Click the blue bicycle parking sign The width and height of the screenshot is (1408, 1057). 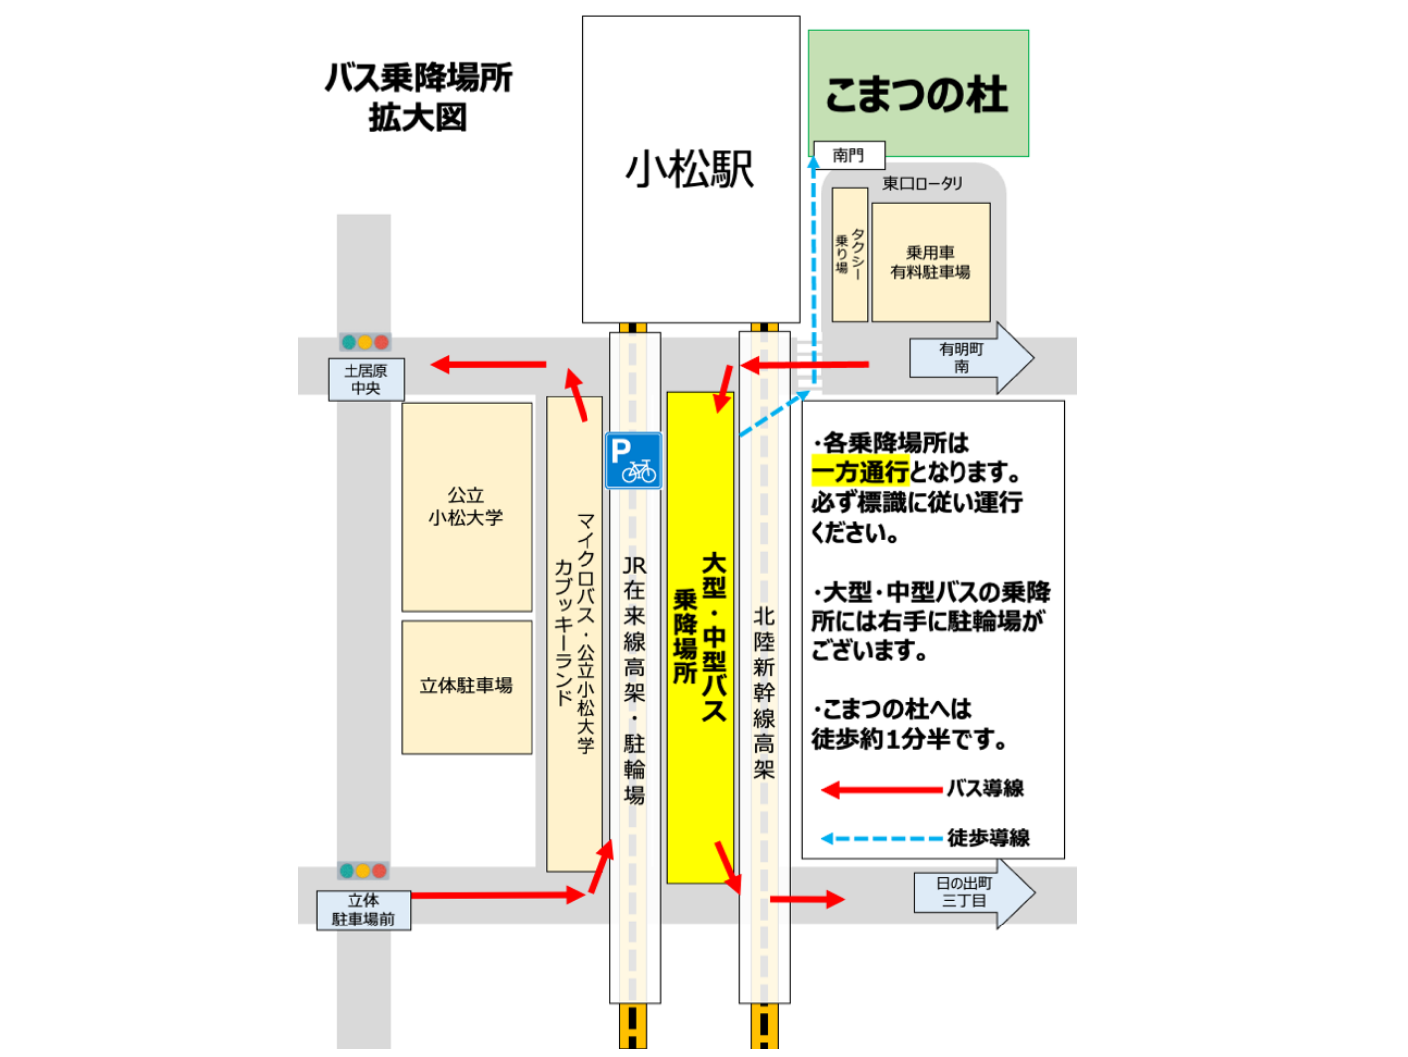[x=633, y=460]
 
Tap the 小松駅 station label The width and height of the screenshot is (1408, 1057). [x=689, y=169]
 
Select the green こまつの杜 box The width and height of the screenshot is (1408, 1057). [x=917, y=94]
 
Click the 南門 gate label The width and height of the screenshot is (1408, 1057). [x=848, y=155]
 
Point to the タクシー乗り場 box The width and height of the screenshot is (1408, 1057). [x=849, y=255]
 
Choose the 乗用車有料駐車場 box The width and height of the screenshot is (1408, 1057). [x=930, y=262]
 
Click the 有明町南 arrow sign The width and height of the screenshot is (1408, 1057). [x=969, y=358]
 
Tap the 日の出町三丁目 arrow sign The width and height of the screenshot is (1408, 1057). [x=972, y=892]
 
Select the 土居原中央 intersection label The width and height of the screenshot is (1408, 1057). [x=365, y=379]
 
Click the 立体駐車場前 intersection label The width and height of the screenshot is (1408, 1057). [x=363, y=910]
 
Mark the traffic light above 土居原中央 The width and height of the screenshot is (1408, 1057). [x=364, y=342]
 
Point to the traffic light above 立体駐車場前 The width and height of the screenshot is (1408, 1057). [x=362, y=871]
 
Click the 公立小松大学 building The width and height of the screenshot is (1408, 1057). [x=466, y=506]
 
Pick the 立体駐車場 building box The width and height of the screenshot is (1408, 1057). [x=466, y=686]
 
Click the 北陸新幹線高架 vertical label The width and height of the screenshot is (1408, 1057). [x=764, y=691]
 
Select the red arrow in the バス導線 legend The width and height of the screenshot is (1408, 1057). [x=881, y=790]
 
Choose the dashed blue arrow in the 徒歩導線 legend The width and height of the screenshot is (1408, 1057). [x=881, y=838]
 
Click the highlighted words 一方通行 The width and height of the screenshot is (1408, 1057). [x=859, y=472]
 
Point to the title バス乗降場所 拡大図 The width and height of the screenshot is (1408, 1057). [x=418, y=97]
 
